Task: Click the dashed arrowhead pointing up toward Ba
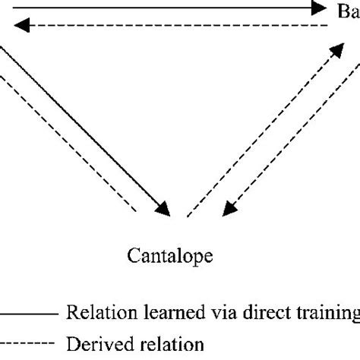click(x=334, y=49)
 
